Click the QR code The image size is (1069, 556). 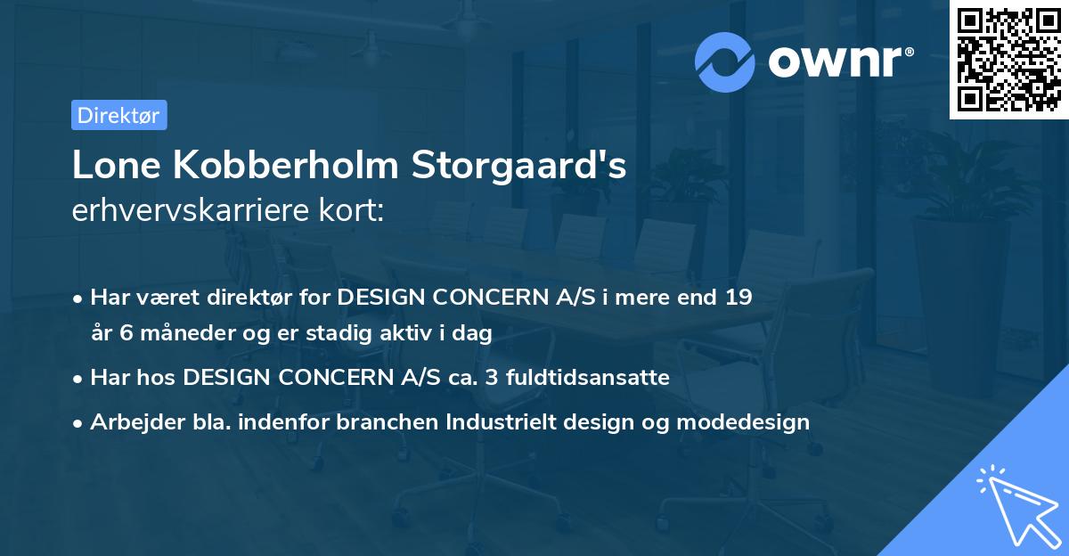pos(1008,60)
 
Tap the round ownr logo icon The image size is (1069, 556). pos(726,61)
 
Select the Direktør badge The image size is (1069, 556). pos(118,115)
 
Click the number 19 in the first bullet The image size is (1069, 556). pos(737,297)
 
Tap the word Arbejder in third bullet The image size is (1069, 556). pos(130,422)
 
